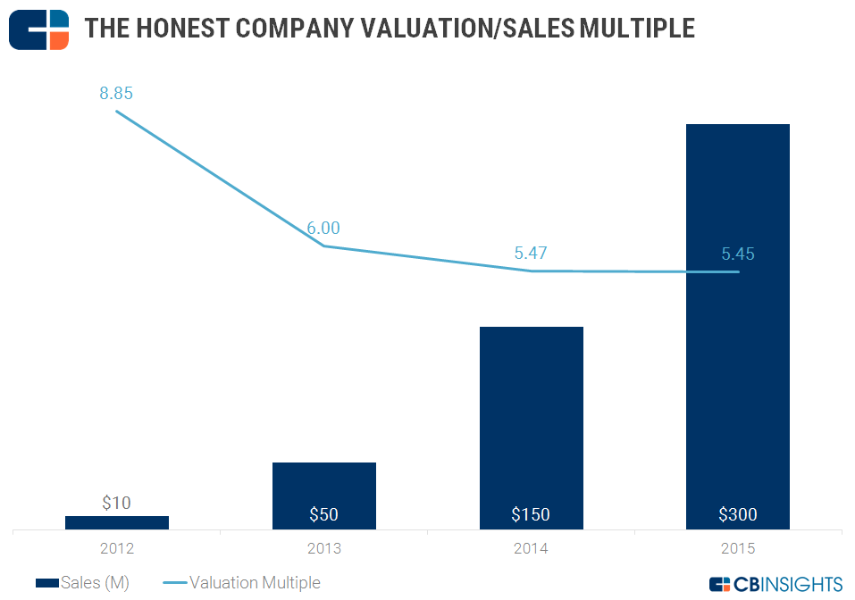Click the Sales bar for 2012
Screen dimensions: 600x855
(116, 523)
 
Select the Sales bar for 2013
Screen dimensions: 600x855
(323, 487)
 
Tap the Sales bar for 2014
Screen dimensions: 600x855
(531, 420)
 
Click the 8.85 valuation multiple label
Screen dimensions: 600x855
(116, 93)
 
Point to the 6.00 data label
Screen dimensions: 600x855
(323, 229)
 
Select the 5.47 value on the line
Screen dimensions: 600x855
(531, 254)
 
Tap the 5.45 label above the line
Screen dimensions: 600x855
(738, 254)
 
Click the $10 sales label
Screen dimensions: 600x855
(116, 504)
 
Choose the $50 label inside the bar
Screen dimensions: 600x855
(323, 514)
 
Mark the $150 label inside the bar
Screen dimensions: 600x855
(531, 514)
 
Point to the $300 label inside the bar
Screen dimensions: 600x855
(738, 514)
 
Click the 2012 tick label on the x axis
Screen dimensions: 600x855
(116, 548)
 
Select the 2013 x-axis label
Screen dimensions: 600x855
(323, 548)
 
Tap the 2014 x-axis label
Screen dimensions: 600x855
(531, 548)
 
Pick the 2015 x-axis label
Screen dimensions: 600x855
(738, 548)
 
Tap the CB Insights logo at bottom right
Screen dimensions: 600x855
(775, 584)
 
